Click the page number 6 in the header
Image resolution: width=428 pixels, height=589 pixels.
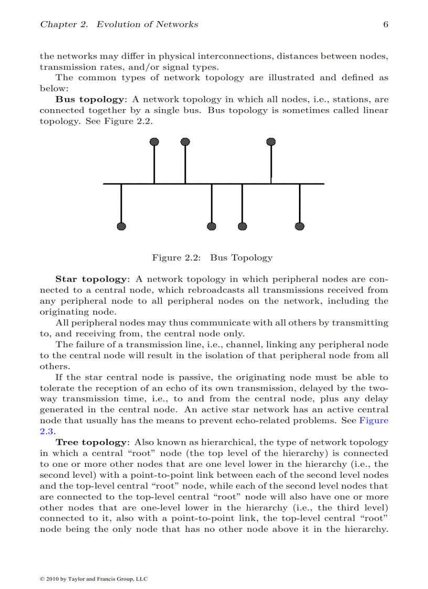point(386,24)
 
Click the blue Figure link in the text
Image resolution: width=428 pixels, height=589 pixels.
point(373,421)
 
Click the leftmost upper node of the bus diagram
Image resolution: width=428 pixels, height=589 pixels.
point(154,142)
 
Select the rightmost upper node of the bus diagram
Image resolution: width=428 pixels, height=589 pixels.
point(271,142)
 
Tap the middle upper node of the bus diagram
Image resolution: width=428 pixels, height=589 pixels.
point(185,142)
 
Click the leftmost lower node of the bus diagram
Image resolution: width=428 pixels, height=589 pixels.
point(121,226)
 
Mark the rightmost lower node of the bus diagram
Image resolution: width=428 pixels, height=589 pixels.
point(299,226)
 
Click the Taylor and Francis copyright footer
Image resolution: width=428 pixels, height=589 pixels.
point(94,579)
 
